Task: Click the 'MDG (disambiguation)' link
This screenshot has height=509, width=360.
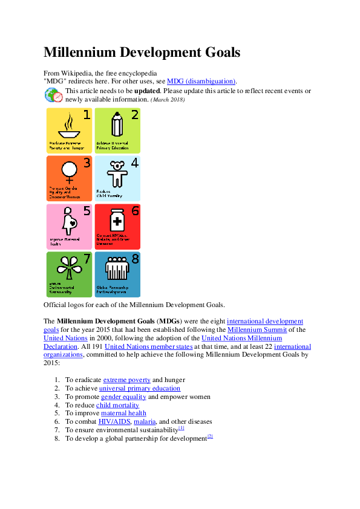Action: coord(201,81)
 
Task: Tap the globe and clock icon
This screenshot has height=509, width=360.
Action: coord(53,96)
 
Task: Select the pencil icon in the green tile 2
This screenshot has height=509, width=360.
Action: coord(116,125)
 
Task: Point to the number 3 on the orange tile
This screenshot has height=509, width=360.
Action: coord(87,163)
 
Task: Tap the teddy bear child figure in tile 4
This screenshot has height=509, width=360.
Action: coord(116,174)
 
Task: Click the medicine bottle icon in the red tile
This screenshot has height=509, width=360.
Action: coord(116,220)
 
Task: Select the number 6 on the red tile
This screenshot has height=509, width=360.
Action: coord(135,211)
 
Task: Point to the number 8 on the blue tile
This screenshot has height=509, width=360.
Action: coord(135,259)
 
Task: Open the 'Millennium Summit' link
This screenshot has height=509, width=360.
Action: coord(257,329)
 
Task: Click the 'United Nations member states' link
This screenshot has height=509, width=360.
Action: coord(148,346)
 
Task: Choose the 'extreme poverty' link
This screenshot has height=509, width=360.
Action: coord(126,380)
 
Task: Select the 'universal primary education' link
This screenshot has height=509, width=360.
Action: coord(139,388)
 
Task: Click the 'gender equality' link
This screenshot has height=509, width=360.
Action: coord(123,397)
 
